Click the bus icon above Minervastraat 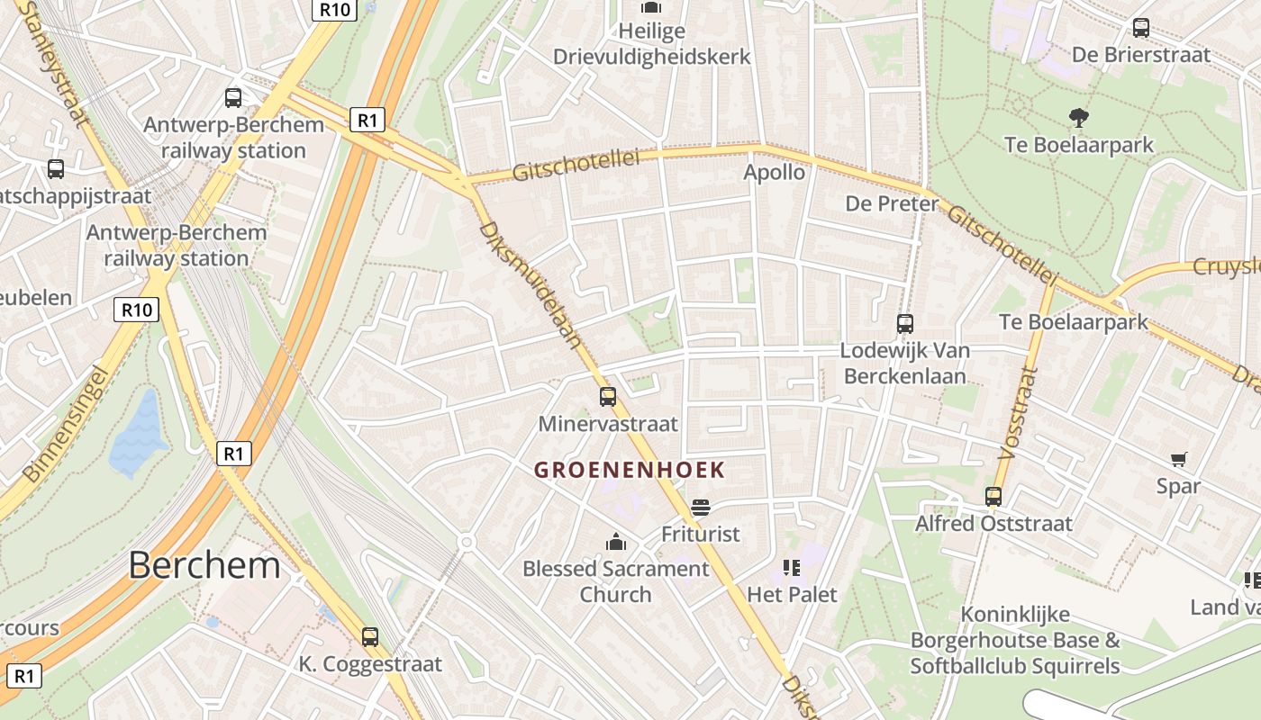608,396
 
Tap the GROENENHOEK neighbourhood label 629,470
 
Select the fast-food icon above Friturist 700,508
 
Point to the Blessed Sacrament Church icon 616,541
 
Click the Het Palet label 792,594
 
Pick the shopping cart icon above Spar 1178,459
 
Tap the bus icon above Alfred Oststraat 993,496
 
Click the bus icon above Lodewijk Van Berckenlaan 904,323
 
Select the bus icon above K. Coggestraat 369,637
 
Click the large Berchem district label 204,565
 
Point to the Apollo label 774,172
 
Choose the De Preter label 892,203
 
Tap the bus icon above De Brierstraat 1141,28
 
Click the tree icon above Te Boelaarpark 1077,117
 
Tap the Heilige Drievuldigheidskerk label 651,44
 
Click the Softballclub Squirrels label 1015,667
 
